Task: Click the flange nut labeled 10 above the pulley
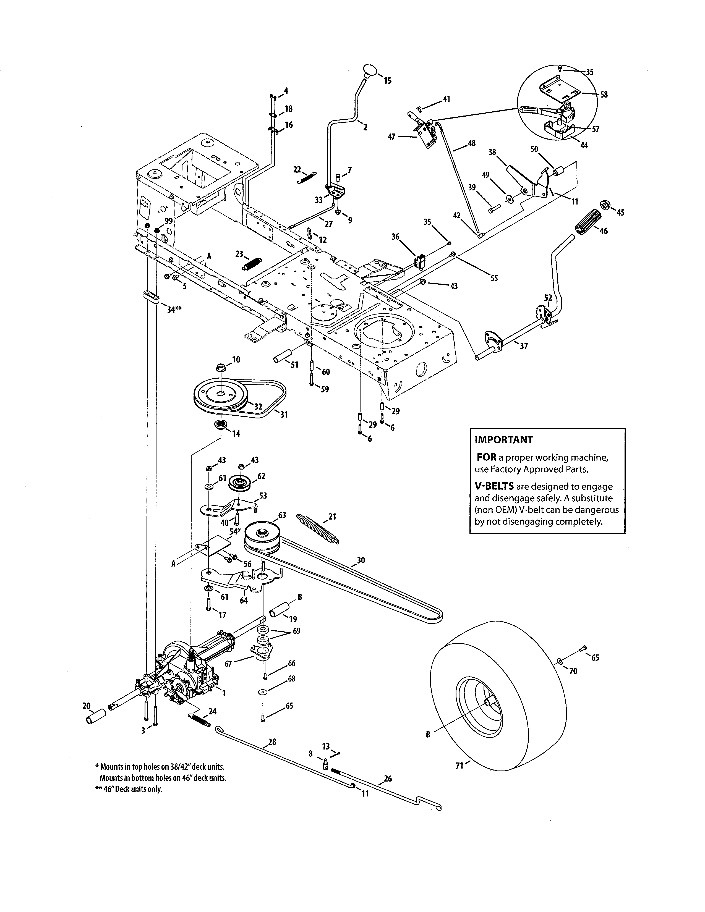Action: click(x=221, y=368)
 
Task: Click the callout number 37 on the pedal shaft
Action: click(x=523, y=346)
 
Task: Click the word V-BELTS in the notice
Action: click(x=494, y=486)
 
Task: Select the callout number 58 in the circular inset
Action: click(x=604, y=94)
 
